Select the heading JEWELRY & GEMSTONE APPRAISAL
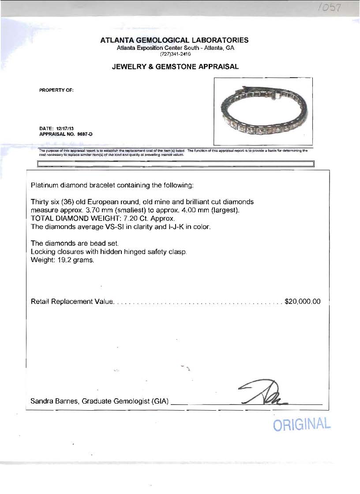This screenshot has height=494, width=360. click(x=175, y=67)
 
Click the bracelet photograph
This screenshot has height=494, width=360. click(x=263, y=111)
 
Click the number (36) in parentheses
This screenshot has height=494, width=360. click(x=67, y=202)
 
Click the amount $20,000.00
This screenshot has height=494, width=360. click(x=303, y=302)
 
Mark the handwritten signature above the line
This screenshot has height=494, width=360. click(x=263, y=392)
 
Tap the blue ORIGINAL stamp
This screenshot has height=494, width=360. click(x=302, y=424)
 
